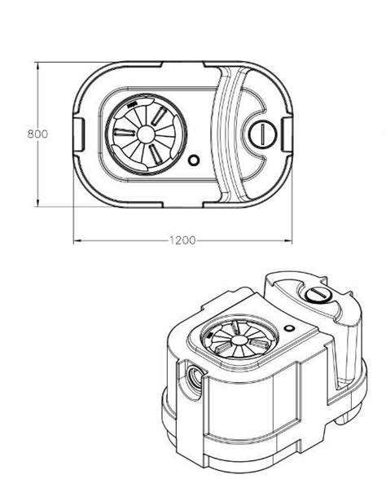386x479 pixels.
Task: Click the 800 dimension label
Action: [37, 134]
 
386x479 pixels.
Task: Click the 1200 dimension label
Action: [182, 240]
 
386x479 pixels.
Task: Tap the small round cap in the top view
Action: [262, 134]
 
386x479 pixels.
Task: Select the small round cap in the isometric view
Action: [318, 295]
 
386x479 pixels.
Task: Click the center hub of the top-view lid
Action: [146, 134]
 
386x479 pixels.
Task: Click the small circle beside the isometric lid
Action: [288, 328]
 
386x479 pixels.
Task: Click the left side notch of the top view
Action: [79, 134]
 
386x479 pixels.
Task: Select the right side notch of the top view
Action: [287, 134]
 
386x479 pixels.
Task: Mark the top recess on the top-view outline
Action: [182, 64]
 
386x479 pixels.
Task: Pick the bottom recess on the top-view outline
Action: [182, 204]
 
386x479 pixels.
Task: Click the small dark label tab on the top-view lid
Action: [131, 105]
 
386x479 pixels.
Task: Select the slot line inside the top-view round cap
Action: [262, 134]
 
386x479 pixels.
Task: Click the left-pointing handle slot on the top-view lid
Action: [125, 132]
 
